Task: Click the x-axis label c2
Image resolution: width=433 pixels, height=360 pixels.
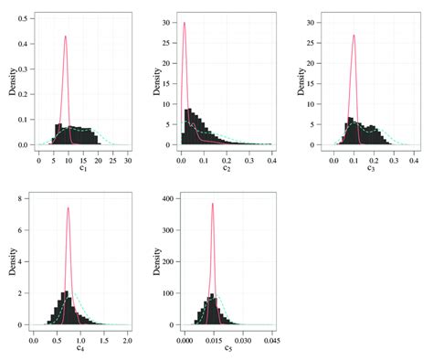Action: [x=225, y=168]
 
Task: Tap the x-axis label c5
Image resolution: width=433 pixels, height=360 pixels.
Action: [x=225, y=348]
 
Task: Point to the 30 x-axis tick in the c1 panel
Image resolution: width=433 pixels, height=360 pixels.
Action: [x=127, y=159]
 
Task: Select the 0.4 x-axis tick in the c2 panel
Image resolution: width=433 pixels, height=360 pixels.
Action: [x=271, y=159]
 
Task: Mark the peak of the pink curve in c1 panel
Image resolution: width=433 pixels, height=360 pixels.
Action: [x=66, y=37]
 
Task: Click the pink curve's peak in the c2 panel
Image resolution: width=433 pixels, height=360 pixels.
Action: [x=185, y=23]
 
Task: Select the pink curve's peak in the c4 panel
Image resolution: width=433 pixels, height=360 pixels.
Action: [x=68, y=207]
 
